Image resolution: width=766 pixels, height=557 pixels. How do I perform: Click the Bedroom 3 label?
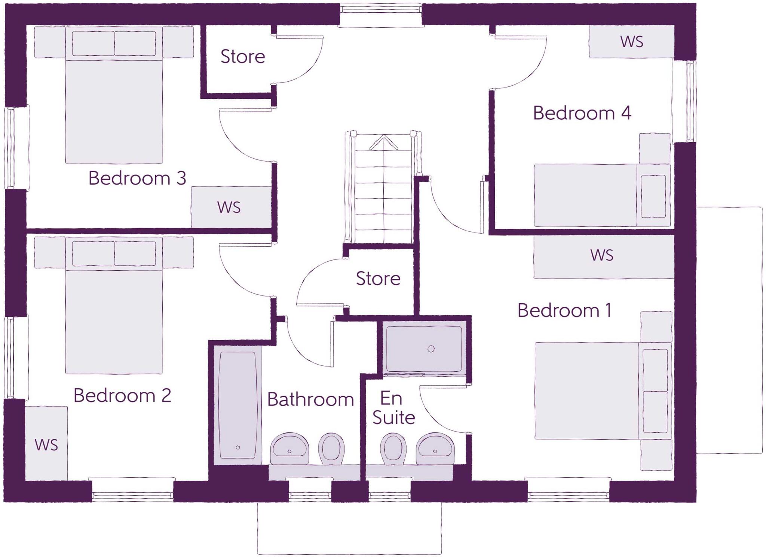(137, 178)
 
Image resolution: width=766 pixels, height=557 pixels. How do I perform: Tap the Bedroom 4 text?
(582, 113)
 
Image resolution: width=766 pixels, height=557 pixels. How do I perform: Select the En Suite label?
(393, 408)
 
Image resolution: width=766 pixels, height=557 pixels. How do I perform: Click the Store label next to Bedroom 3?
(243, 57)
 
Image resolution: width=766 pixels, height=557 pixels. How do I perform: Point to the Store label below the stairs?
(378, 278)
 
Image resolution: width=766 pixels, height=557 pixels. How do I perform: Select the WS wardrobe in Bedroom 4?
(631, 42)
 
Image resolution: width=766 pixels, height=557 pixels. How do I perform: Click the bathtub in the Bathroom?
(238, 404)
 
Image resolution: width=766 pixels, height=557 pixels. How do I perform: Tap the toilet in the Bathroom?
(331, 448)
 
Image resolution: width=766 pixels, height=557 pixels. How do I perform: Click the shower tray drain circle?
(431, 349)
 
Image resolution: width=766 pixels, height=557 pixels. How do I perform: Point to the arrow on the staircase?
(383, 143)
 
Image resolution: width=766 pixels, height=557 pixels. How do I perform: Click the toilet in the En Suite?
(393, 448)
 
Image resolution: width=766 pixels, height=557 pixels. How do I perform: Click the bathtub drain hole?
(238, 447)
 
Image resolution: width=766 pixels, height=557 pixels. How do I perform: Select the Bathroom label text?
(310, 399)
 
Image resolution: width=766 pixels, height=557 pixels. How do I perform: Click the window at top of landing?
(381, 15)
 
